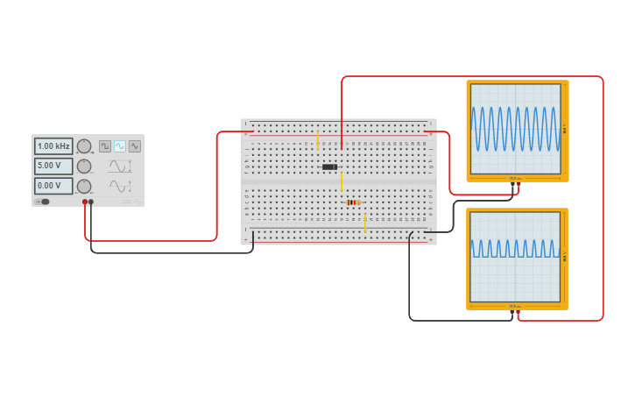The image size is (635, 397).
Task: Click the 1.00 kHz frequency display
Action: click(53, 146)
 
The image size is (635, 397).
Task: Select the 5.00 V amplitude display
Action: click(53, 166)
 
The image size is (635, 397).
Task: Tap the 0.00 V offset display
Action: click(53, 186)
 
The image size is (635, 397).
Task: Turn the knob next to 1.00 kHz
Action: click(84, 146)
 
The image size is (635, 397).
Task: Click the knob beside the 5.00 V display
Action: click(84, 166)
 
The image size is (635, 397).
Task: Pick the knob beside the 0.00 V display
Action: click(84, 186)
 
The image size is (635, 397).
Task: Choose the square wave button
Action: click(105, 146)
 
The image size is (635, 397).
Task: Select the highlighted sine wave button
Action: click(119, 146)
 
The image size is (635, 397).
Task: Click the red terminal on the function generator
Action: click(85, 202)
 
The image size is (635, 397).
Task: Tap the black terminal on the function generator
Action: click(91, 202)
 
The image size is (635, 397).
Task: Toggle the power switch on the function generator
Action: click(43, 202)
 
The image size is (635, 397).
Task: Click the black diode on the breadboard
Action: click(329, 167)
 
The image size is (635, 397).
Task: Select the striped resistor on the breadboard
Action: click(353, 202)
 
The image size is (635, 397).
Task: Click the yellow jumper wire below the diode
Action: click(342, 181)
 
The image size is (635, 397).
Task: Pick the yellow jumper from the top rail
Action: click(317, 140)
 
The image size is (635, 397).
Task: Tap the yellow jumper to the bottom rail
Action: click(364, 223)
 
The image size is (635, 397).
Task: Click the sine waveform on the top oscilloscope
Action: click(515, 129)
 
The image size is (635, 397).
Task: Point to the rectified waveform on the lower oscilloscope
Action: click(515, 250)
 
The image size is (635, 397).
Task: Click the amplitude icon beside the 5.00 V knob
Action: click(118, 166)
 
